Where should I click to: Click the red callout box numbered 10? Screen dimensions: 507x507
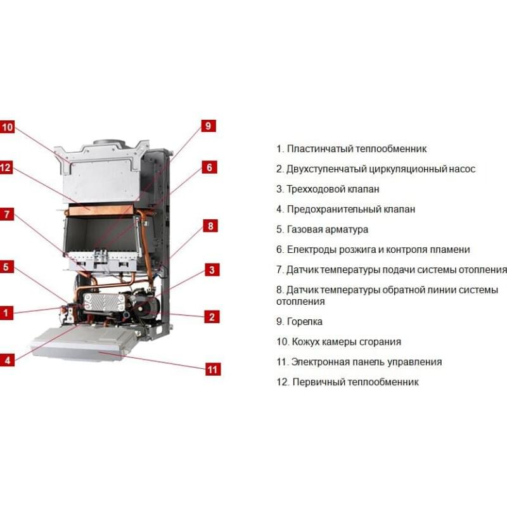pos(7,127)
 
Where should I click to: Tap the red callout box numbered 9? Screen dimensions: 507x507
pos(209,125)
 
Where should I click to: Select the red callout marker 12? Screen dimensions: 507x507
pos(6,168)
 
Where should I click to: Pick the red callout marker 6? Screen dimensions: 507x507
pos(209,167)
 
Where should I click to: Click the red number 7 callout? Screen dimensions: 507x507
pos(7,214)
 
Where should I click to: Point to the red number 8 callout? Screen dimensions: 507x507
pos(210,226)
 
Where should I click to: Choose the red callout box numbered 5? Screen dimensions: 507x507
pos(6,267)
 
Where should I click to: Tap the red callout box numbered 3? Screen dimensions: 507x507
pos(212,270)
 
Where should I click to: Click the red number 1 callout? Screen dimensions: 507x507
pos(6,313)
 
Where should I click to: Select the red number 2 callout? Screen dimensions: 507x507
pos(212,316)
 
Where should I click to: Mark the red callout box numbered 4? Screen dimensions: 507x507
pos(7,360)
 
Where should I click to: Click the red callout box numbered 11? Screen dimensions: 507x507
pos(213,369)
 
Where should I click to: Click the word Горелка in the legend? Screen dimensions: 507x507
pos(305,322)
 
